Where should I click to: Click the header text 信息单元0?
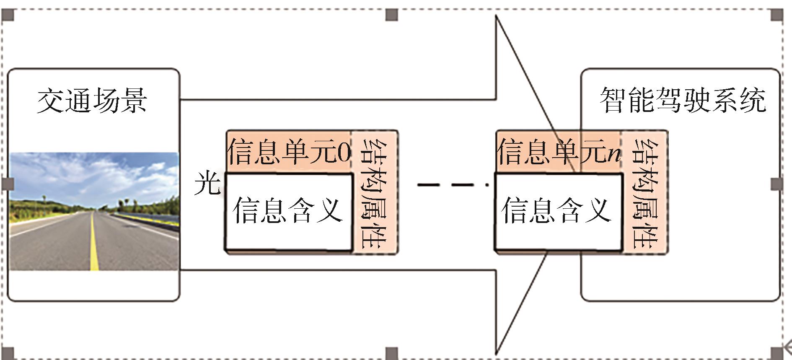tap(289, 152)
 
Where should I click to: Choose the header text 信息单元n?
tap(559, 152)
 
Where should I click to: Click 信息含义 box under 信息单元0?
tap(288, 211)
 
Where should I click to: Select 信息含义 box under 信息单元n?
tap(558, 211)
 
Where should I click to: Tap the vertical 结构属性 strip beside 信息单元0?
tap(374, 193)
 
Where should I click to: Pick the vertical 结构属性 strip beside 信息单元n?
tap(644, 193)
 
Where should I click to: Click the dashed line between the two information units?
tap(453, 184)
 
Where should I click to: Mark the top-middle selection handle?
tap(391, 15)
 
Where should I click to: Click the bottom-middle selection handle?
tap(391, 353)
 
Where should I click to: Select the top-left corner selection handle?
tap(8, 15)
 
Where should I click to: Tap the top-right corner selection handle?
tap(777, 15)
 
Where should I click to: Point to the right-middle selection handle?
tap(777, 184)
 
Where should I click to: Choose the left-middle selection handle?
tap(8, 184)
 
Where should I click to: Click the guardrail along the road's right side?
tap(147, 220)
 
